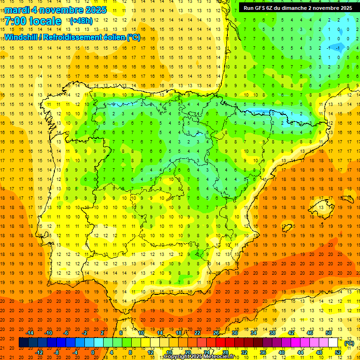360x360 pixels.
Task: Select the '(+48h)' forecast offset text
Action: click(x=81, y=21)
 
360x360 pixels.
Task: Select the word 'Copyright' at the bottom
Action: click(x=178, y=357)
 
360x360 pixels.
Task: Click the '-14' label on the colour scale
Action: click(x=30, y=333)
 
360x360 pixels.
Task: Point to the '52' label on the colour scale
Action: click(x=338, y=352)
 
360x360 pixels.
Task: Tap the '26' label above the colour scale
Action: click(x=216, y=333)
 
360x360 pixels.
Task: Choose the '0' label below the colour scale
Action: click(x=92, y=352)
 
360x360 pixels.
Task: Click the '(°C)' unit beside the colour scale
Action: click(x=349, y=343)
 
